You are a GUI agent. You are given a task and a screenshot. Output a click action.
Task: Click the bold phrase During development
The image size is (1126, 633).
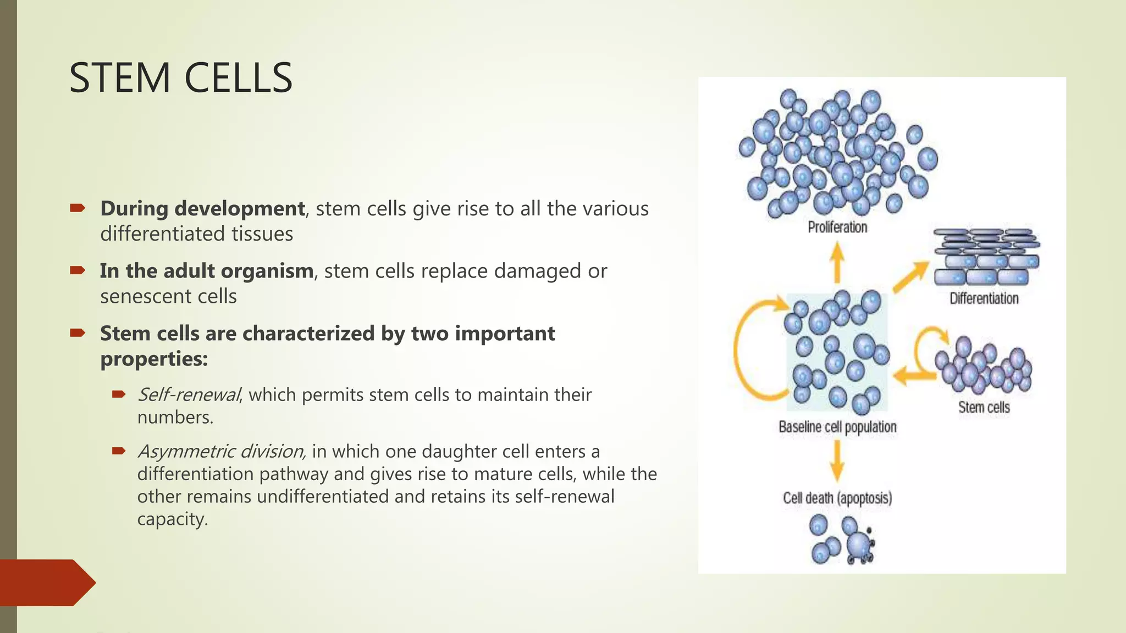coord(202,209)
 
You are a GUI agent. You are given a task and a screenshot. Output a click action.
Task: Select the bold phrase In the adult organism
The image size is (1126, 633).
coord(206,271)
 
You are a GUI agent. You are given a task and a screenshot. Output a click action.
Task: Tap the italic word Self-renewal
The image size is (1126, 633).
coord(189,395)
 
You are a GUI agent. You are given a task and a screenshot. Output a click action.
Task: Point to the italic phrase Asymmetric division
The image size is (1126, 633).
coord(221,451)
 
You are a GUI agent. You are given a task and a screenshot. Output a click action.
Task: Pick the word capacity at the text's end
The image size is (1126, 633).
coord(172,519)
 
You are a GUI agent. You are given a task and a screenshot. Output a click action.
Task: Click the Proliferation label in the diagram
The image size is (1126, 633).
coord(837,227)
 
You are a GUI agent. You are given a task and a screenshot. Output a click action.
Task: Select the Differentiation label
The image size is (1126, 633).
coord(984,298)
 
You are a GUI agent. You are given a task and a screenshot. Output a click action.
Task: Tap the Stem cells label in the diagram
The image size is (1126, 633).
coord(984,407)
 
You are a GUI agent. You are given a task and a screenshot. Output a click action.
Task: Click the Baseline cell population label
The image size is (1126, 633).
coord(837,427)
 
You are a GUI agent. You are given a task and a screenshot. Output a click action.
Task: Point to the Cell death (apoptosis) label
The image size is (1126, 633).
coord(837,498)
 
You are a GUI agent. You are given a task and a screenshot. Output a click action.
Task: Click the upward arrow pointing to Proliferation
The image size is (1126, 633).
coord(837,263)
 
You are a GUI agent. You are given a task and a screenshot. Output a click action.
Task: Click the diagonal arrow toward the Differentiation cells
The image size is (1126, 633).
coord(910,277)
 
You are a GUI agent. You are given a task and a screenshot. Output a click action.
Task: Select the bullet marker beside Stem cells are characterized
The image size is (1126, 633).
coord(78,332)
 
